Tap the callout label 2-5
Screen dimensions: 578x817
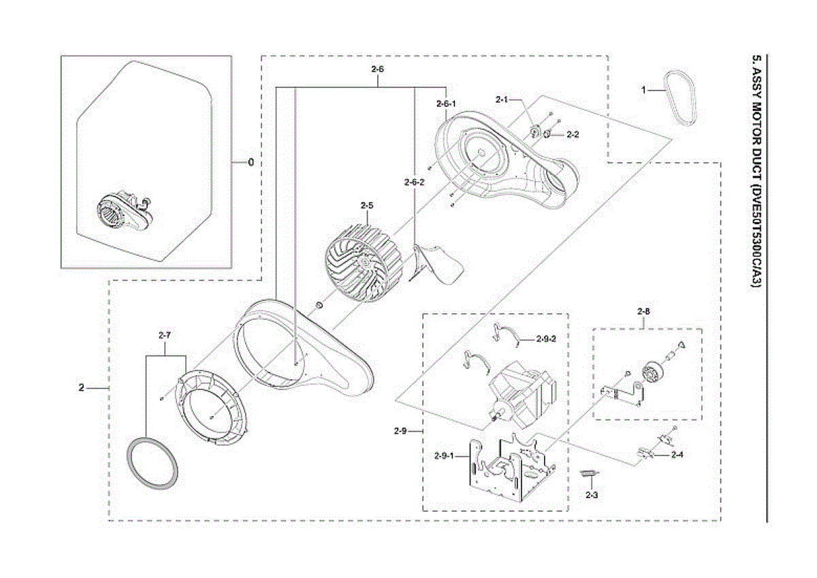[x=368, y=204]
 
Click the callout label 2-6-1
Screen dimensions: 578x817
[x=445, y=103]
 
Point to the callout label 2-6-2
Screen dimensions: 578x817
[x=413, y=182]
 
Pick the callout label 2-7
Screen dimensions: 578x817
[x=165, y=335]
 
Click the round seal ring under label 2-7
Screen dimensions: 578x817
[x=155, y=463]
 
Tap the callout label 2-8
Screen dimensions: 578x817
[x=644, y=312]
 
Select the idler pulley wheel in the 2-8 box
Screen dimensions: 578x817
[x=653, y=374]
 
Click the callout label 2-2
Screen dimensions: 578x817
[x=573, y=135]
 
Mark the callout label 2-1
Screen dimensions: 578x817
[x=502, y=100]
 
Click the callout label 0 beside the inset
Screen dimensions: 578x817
[x=251, y=162]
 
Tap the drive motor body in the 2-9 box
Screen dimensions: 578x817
[x=521, y=391]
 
